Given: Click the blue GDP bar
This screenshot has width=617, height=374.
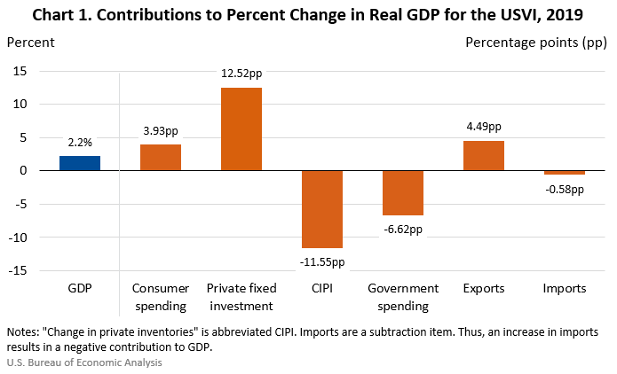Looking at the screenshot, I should pos(80,163).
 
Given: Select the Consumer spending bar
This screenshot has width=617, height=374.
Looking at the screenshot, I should pos(161,157).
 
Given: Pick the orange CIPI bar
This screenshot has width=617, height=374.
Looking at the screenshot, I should pos(322,209).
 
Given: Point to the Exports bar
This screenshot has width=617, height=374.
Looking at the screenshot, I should pos(484,155).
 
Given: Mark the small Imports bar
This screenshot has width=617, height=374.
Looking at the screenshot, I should pos(565,172).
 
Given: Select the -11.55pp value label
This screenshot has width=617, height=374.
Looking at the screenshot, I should pos(322,261).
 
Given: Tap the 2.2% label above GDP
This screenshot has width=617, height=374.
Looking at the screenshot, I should pos(80,141).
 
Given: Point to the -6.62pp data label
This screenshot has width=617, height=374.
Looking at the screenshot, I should pos(403,229).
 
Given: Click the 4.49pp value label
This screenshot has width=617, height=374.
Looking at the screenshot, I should pos(484,126).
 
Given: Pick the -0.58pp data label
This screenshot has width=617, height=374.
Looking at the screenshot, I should pos(565,188).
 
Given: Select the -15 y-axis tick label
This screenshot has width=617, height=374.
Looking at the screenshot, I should pos(16,271).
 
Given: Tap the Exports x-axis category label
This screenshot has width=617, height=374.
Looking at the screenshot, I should pos(484,289).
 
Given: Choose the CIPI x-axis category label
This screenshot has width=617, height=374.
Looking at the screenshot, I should pos(322,289).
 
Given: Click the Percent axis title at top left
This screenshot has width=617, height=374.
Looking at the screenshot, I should pos(30,42).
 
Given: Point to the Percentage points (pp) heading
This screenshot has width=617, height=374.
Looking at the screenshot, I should pos(537,42).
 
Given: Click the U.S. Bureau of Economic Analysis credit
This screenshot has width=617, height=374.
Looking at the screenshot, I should pos(84,362).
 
